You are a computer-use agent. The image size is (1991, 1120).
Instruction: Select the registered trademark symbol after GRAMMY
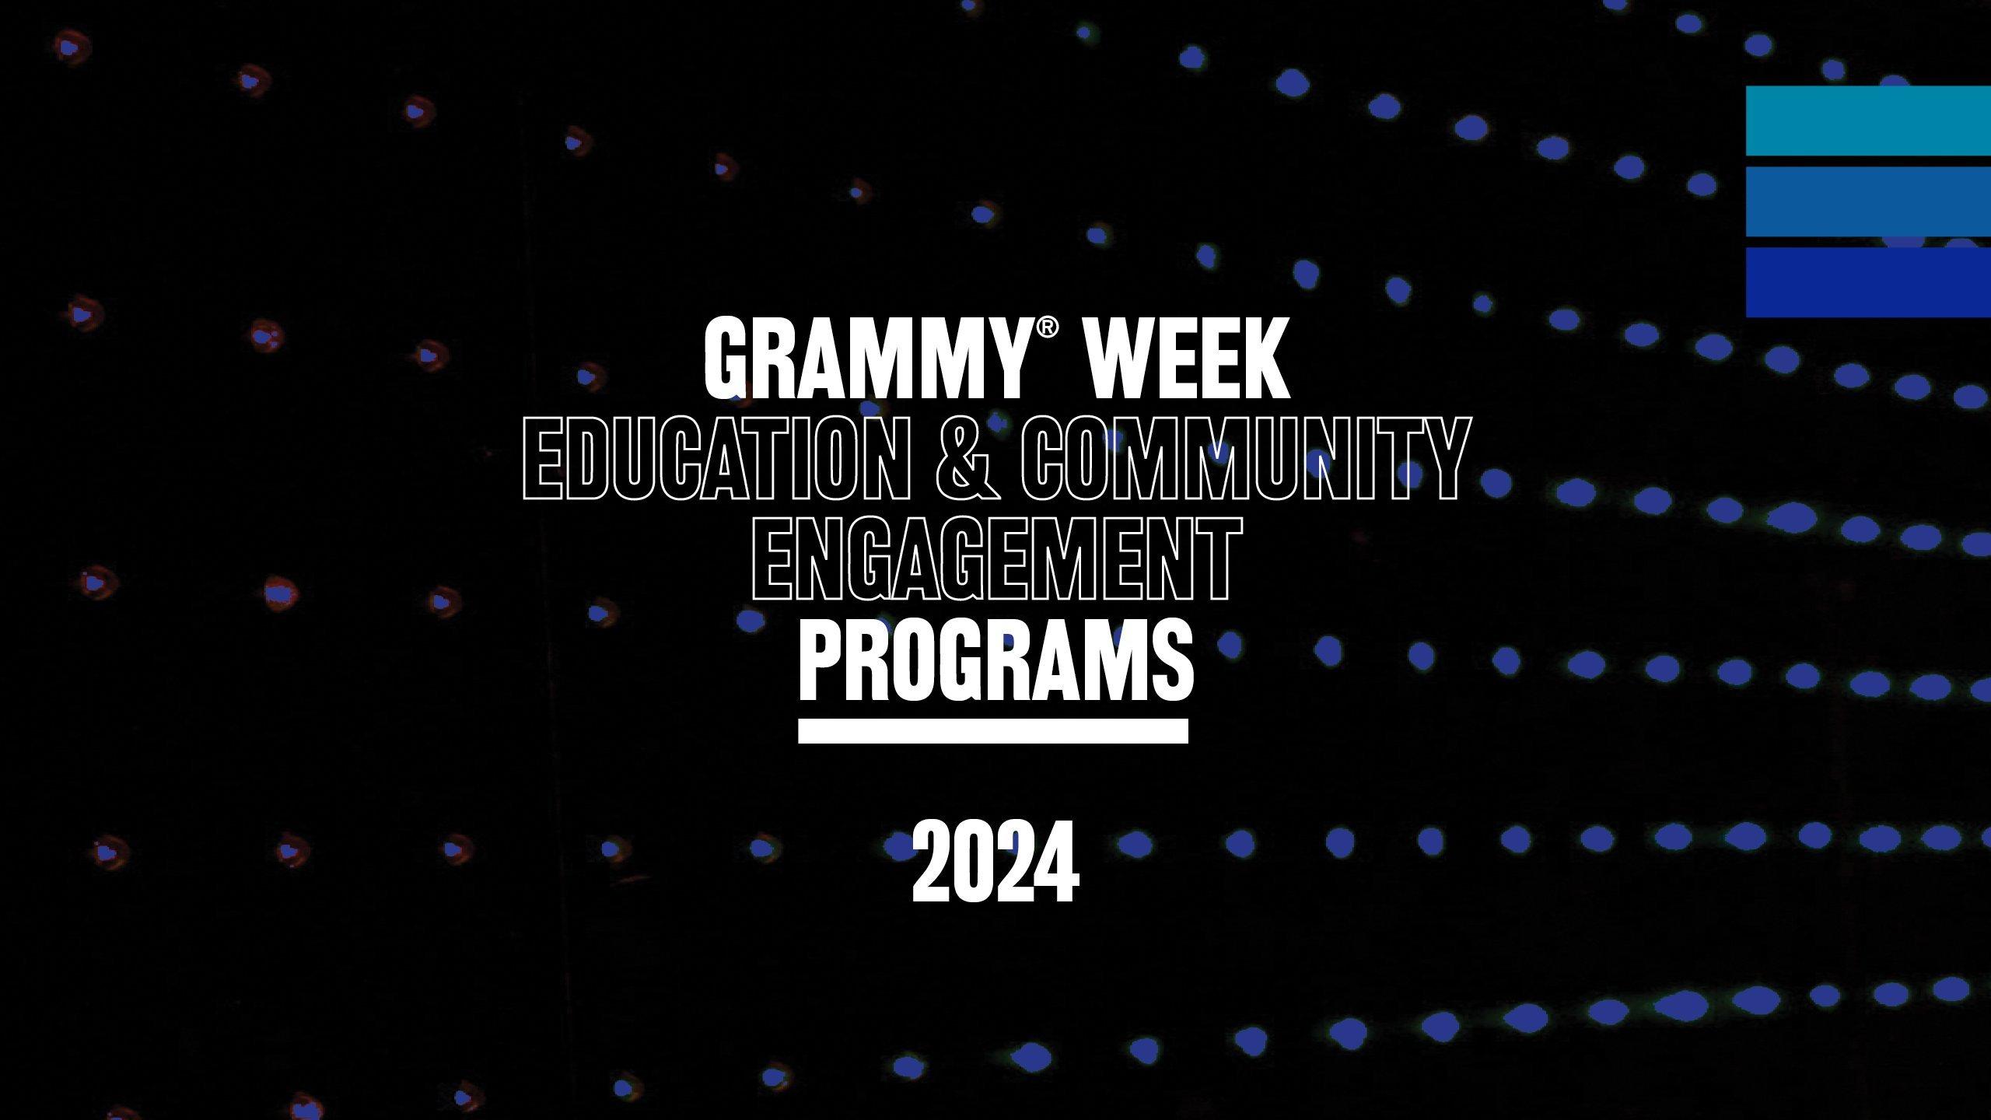click(x=1047, y=330)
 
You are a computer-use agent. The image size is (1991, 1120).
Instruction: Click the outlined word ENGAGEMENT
click(x=995, y=560)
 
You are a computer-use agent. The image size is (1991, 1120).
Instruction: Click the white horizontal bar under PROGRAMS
click(x=993, y=731)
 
